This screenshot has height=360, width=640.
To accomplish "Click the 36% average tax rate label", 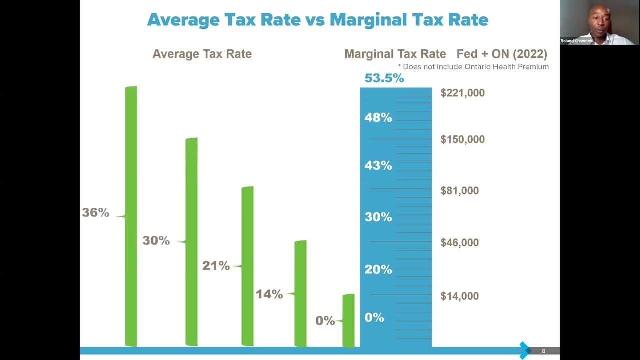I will tap(95, 212).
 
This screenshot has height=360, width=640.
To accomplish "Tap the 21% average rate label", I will tap(216, 266).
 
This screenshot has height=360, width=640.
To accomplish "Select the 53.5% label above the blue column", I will tap(384, 78).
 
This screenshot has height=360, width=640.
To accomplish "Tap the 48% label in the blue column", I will tap(378, 118).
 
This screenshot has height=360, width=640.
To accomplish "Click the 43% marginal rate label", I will tap(378, 165).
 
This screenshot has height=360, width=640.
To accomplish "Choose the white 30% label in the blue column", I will tap(378, 217).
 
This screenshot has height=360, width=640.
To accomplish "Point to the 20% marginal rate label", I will tap(378, 269).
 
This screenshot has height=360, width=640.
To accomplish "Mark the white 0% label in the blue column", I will tap(374, 317).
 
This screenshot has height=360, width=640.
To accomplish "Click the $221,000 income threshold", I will tap(462, 93).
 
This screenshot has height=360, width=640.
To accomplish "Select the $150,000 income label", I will tap(462, 139).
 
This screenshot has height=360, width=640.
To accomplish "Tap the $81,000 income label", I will tap(459, 190).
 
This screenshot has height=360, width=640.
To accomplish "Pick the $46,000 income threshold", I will tap(459, 243).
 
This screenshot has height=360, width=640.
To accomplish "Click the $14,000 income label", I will tap(459, 296).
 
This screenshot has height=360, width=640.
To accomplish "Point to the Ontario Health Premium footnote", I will tap(473, 67).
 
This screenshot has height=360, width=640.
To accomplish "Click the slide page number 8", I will tap(544, 351).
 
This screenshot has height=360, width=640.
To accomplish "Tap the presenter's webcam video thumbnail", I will tap(599, 22).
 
